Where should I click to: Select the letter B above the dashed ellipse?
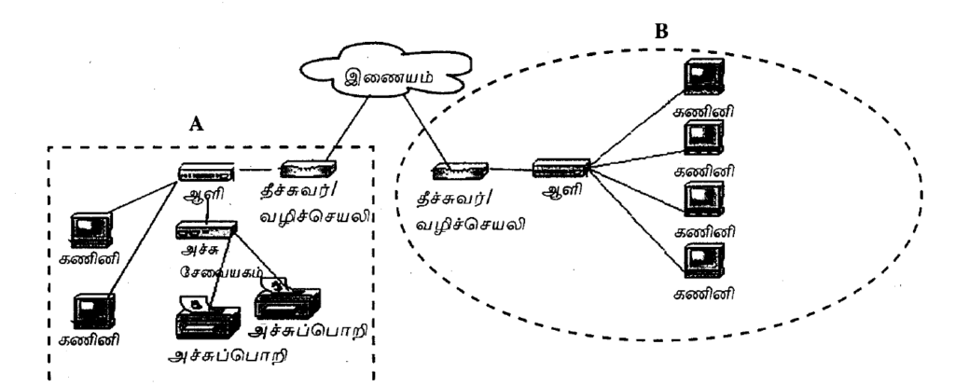[x=660, y=31]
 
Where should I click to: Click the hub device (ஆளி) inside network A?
[x=206, y=173]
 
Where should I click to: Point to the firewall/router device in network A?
[x=309, y=171]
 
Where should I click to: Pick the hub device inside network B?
[x=561, y=169]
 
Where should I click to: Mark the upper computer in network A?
[x=92, y=230]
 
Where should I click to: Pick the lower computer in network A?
[x=94, y=310]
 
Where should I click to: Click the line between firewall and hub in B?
[x=508, y=170]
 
